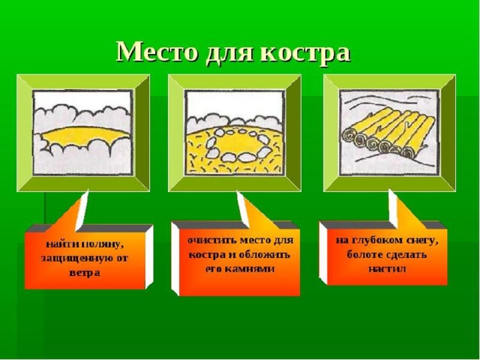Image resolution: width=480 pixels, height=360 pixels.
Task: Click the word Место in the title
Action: click(x=157, y=52)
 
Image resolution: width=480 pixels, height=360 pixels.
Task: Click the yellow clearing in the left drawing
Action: click(x=82, y=136)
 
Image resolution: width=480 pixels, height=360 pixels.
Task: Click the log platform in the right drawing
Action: click(x=388, y=132)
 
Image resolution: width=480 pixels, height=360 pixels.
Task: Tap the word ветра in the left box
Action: click(x=85, y=272)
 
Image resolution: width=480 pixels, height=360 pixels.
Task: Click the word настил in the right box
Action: click(x=387, y=268)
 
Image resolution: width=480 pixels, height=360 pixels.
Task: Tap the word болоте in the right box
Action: click(x=364, y=255)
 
